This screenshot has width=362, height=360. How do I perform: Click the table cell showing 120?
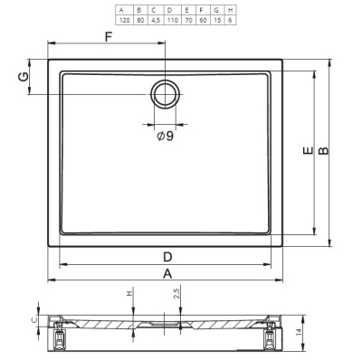[124, 20]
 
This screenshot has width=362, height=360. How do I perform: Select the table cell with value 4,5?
[156, 20]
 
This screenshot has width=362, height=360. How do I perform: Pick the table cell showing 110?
[172, 20]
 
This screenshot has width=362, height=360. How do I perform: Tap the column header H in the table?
[230, 10]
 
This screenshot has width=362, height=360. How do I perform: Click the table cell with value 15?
[217, 20]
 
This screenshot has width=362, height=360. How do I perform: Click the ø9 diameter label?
[166, 137]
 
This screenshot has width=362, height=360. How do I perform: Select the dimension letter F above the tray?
[109, 37]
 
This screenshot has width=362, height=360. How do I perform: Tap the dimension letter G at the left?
[24, 77]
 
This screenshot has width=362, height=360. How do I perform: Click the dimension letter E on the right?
[308, 150]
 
